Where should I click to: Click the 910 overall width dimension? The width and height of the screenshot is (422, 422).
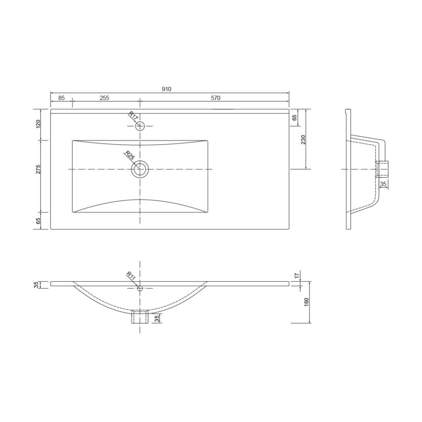tap(166, 89)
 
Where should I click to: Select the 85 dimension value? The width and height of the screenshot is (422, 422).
tap(62, 98)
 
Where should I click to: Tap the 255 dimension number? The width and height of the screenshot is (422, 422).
tap(104, 98)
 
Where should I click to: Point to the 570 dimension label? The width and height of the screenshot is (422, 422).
tap(216, 98)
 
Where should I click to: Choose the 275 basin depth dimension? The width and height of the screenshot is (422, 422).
tap(38, 169)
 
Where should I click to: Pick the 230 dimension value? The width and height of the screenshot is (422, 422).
tap(303, 139)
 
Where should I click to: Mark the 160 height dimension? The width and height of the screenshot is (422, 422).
tap(306, 302)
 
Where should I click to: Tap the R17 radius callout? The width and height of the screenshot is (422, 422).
tap(132, 116)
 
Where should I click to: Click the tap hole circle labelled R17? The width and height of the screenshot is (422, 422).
tap(140, 126)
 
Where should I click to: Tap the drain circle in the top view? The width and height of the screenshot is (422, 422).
tap(140, 169)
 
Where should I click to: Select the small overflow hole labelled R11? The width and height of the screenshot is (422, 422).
tap(140, 288)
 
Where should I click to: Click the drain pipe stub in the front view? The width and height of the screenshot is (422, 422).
tap(140, 317)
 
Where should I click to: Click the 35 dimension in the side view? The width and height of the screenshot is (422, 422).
tap(383, 184)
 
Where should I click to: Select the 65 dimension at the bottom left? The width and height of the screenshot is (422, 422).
tap(38, 221)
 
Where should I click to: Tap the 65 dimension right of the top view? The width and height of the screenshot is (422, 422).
tap(295, 118)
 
